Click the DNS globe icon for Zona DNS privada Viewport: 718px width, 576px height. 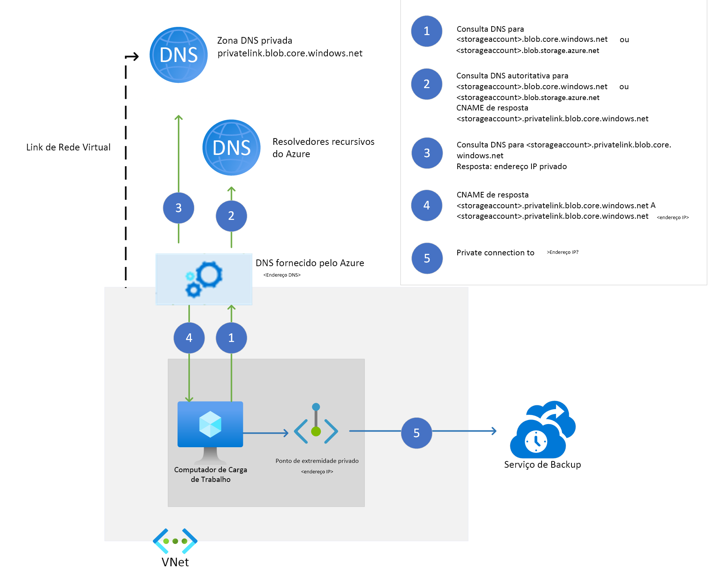coord(178,55)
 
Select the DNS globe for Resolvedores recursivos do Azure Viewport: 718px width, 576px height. coord(231,147)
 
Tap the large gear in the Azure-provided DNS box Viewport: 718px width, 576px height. coord(209,274)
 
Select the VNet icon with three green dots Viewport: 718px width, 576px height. coord(175,541)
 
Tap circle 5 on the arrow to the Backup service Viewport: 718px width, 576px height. coord(416,433)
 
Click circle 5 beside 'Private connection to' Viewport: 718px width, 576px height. coord(427,258)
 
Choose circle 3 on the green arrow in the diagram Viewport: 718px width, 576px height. coord(178,208)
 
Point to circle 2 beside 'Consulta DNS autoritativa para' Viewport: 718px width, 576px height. coord(426,84)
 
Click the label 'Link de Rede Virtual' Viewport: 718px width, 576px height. coord(68,147)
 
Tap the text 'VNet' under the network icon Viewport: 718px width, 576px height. coord(175,562)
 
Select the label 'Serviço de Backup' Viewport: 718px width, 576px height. coord(542,465)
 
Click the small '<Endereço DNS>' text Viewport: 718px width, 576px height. coord(282,275)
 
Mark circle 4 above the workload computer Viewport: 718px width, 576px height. coord(189,338)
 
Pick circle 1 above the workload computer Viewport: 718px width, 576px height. coord(231,338)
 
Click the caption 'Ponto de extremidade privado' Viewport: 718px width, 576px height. coord(317,461)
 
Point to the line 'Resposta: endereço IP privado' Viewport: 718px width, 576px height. coord(511,166)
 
